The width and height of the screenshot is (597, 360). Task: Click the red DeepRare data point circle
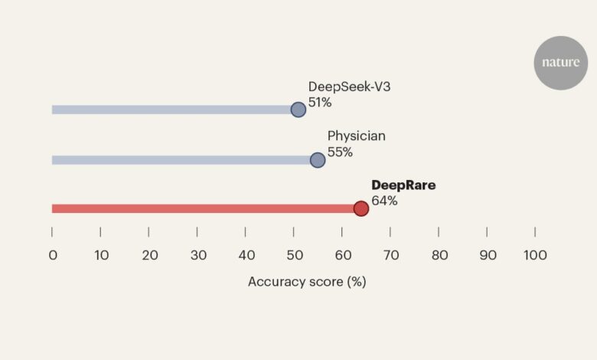point(360,208)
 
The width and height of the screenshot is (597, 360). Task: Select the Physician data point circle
point(318,160)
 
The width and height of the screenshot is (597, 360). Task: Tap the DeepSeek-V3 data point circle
point(298,110)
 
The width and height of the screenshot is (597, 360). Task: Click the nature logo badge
point(560,63)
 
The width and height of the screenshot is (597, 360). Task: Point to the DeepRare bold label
point(403,185)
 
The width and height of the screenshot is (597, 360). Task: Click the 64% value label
point(384,201)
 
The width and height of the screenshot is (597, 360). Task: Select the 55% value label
point(340,152)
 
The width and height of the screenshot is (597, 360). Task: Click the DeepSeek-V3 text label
point(349,87)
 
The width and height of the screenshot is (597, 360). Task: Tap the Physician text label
point(357,136)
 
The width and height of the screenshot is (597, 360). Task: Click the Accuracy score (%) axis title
point(307,281)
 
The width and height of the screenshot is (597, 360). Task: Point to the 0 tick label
point(52,255)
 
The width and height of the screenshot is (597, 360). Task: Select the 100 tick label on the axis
point(534,255)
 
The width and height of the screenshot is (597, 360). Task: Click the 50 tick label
point(293,255)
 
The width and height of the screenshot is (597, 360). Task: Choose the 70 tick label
point(390,255)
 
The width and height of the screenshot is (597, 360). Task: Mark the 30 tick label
point(197,255)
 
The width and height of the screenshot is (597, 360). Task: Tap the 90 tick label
point(487,255)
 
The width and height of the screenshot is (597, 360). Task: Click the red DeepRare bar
point(199,208)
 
